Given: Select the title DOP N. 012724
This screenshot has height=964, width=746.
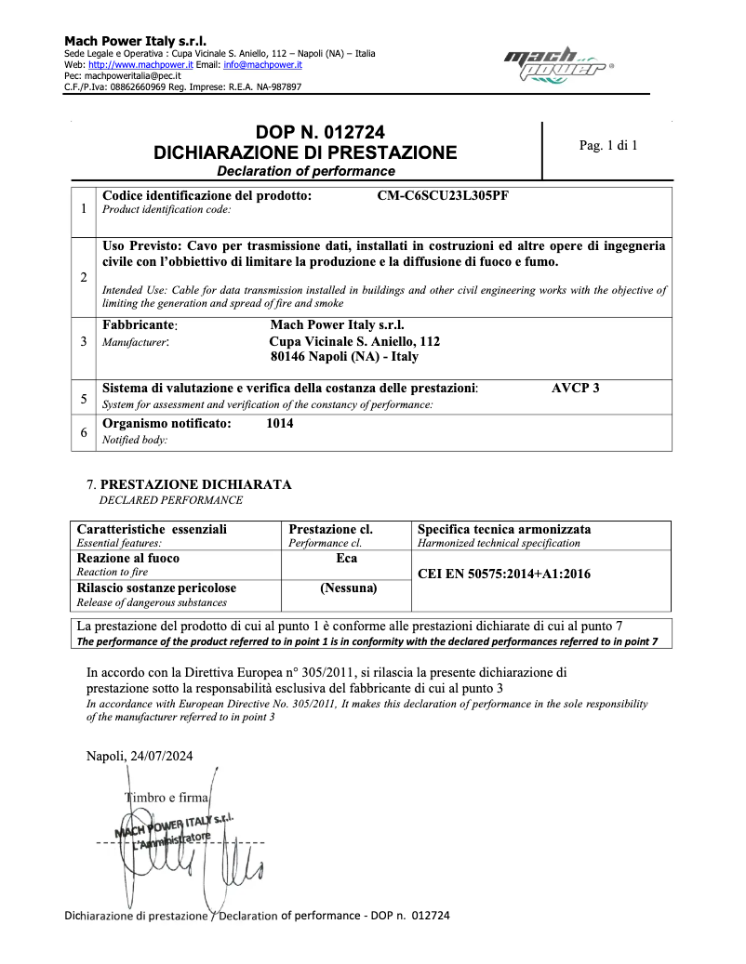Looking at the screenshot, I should coord(305,133).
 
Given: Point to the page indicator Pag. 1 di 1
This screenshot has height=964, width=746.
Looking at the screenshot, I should coord(607,145).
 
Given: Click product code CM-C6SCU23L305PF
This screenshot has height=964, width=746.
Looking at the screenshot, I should coord(443,196).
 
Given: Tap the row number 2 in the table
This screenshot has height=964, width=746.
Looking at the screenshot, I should coord(84,277).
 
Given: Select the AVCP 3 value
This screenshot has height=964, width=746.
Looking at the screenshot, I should coord(575,388).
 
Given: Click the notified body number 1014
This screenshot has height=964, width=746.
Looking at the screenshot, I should coord(279,423).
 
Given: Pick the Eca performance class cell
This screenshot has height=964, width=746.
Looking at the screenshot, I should coord(346,559).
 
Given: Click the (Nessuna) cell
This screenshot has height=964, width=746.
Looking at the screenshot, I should coord(348,588).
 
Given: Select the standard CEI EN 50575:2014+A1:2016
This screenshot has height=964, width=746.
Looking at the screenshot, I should coord(503,574).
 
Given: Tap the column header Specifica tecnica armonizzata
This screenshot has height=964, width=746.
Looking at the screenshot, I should coord(504,529).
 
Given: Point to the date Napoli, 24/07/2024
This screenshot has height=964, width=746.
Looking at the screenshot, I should coord(140,757).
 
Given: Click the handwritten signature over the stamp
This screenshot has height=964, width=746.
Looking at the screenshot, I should coord(186,869).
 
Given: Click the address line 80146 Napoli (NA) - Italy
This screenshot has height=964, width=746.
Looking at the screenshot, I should coord(344,356).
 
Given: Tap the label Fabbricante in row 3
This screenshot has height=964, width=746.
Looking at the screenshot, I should coord(139,325).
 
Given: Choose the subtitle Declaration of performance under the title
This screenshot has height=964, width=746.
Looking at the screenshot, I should coord(305,171).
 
